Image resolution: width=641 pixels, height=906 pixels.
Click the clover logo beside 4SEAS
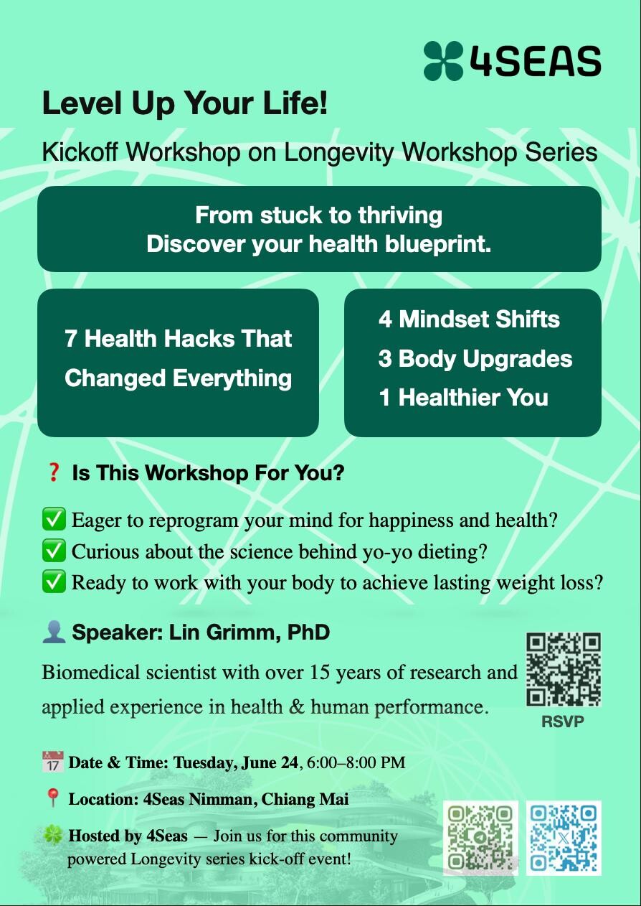point(443,61)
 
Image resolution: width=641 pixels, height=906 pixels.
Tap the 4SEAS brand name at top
point(535,61)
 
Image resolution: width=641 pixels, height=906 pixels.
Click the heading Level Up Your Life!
point(185,103)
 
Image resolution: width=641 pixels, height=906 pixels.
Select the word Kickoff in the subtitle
point(80,152)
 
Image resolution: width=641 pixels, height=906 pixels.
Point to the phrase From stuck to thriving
point(318,215)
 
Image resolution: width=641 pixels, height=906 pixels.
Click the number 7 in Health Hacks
point(70,339)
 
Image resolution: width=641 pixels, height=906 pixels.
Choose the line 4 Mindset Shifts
point(469,319)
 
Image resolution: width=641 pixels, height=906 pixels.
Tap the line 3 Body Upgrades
point(475,359)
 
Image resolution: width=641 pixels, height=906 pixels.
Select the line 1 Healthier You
point(464,397)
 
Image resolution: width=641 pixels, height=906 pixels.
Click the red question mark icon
point(53,472)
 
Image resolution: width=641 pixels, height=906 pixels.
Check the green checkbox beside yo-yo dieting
point(54,551)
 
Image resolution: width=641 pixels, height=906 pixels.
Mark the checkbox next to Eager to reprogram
point(54,519)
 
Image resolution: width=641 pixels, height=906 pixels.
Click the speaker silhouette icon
point(54,632)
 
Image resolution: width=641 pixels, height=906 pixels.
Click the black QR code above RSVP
point(564,669)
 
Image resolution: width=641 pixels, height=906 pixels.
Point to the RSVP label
point(563,721)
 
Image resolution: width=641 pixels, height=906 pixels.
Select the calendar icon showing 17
point(53,762)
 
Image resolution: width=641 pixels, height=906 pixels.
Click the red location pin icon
point(53,798)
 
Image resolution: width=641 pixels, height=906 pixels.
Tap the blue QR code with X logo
point(564,838)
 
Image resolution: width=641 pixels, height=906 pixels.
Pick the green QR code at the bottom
point(480,838)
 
